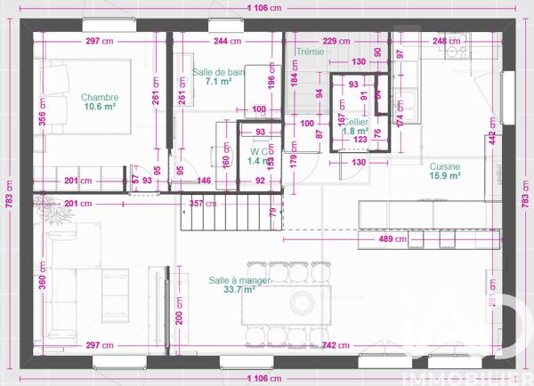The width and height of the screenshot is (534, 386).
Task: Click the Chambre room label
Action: point(100,97)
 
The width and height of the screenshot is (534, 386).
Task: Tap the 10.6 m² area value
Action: point(100,107)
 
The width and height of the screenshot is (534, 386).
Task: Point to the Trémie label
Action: point(311,52)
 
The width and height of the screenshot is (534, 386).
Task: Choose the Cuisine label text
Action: point(445,166)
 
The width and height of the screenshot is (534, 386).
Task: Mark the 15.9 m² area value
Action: point(445,176)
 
